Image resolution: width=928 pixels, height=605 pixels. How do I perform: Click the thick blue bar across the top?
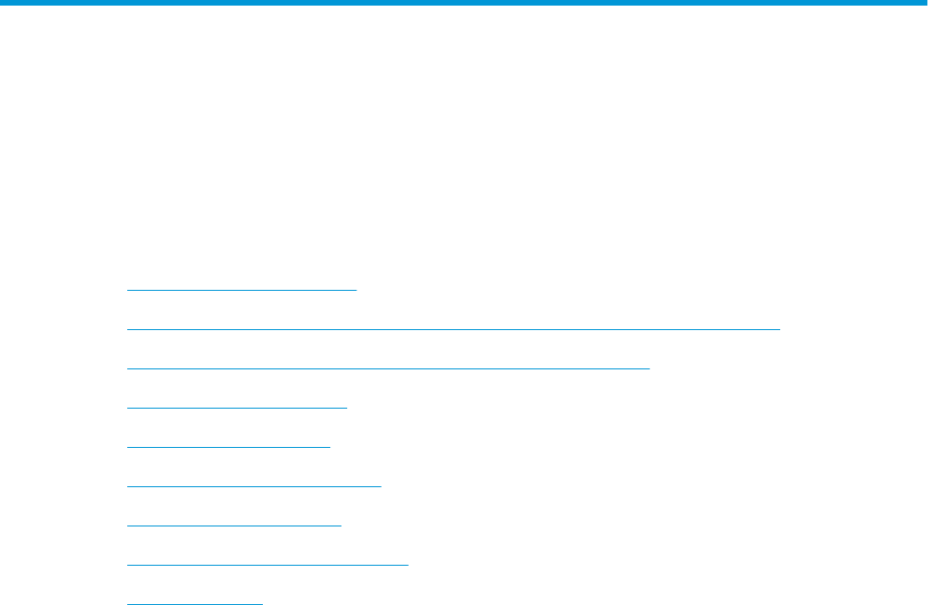[x=464, y=4]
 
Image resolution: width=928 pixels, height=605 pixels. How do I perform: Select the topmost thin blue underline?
[x=241, y=290]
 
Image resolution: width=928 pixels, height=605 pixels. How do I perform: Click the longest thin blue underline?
[x=453, y=329]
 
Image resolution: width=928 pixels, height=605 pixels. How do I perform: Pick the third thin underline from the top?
[x=387, y=368]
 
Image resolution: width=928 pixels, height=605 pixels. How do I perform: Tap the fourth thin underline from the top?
[x=236, y=408]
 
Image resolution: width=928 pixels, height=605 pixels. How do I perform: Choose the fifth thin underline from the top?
[x=228, y=447]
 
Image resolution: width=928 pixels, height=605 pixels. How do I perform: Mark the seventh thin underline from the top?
[x=234, y=526]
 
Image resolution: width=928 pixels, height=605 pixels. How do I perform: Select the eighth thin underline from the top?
[x=268, y=565]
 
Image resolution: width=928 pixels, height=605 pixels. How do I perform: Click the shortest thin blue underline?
[x=195, y=603]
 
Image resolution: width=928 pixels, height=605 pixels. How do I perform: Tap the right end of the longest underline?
[x=778, y=329]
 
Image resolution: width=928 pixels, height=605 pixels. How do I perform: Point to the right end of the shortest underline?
[x=263, y=603]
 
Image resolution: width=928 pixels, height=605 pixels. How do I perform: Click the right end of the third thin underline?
[x=648, y=368]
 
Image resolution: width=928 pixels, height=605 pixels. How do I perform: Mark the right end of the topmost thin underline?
[x=356, y=290]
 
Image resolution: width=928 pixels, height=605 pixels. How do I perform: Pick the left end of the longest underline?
[x=127, y=329]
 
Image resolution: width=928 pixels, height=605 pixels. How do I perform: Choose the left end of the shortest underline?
[x=127, y=603]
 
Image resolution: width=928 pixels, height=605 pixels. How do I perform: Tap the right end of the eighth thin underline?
[x=408, y=565]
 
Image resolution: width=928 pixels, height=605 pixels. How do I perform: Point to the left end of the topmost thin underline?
[x=127, y=290]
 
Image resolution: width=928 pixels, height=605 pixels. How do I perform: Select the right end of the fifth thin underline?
[x=329, y=447]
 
